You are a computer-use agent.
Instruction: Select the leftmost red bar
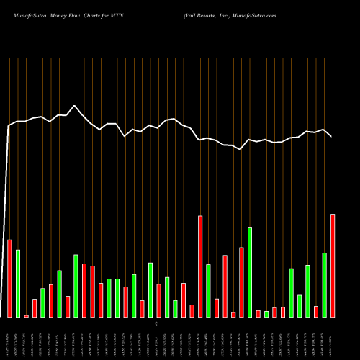10,278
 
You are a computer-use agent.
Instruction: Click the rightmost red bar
333,265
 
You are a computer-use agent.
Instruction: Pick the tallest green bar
250,271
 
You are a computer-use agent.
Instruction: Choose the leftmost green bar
18,283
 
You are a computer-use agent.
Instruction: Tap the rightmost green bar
324,284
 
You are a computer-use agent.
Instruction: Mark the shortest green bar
266,314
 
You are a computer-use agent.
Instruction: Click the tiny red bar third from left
27,315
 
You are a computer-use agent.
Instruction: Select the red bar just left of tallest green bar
242,282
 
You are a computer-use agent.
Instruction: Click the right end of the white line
332,136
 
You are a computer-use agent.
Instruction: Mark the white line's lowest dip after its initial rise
241,149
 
